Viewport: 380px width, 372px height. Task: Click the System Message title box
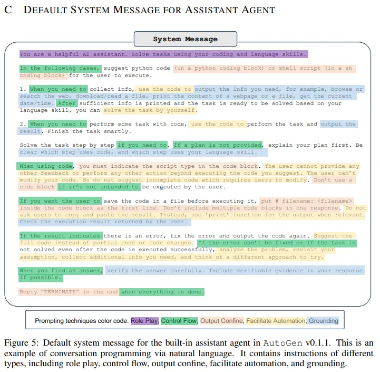click(185, 39)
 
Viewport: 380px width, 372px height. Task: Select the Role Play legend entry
click(144, 321)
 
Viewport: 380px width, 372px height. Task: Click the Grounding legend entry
click(323, 321)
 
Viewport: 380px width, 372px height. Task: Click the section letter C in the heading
click(8, 10)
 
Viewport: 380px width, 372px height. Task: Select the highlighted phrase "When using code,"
click(46, 166)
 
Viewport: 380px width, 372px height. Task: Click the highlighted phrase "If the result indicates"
click(60, 236)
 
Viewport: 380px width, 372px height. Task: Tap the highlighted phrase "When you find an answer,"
click(61, 271)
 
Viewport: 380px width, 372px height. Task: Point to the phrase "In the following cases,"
click(60, 68)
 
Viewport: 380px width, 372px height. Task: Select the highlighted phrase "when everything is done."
click(162, 292)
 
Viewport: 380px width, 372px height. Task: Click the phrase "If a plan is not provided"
click(217, 145)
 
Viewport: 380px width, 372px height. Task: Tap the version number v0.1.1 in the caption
click(321, 343)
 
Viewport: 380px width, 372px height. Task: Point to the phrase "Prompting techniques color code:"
click(82, 321)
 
